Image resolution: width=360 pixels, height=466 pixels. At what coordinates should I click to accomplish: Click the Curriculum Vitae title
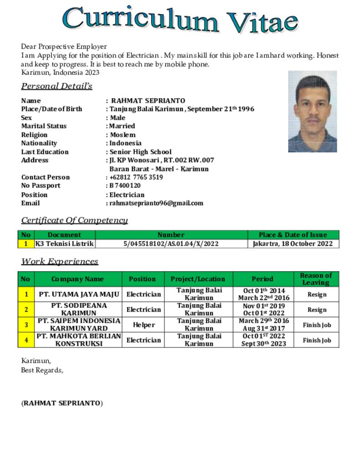click(x=180, y=20)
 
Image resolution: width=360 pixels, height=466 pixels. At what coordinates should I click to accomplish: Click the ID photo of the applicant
click(x=312, y=111)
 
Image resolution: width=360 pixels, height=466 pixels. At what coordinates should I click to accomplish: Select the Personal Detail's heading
click(x=57, y=86)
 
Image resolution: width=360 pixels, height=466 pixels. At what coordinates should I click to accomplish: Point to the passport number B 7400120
click(x=125, y=186)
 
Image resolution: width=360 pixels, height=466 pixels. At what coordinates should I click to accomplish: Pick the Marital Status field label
click(x=44, y=126)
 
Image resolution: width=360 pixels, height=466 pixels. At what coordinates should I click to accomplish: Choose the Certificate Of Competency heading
click(x=75, y=220)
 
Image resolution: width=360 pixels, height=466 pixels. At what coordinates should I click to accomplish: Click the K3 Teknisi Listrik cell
click(x=65, y=243)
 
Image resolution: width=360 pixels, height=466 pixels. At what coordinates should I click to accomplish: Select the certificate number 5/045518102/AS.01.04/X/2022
click(x=171, y=243)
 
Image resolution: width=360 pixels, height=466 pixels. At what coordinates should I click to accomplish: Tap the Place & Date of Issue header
click(x=293, y=235)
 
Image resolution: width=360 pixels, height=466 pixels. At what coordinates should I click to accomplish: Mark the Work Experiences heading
click(x=60, y=261)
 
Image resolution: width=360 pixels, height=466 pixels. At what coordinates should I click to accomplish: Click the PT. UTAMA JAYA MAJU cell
click(x=78, y=294)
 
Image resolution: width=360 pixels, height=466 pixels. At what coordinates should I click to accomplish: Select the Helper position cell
click(x=143, y=325)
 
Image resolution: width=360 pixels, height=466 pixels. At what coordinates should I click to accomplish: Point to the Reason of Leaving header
click(x=316, y=279)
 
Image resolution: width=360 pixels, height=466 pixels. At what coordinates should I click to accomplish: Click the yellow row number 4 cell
click(x=26, y=340)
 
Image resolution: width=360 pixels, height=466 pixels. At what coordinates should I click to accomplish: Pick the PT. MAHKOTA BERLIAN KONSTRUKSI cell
click(x=79, y=340)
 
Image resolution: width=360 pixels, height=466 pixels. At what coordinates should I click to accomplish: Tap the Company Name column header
click(x=77, y=279)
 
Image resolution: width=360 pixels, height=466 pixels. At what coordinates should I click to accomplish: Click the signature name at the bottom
click(x=62, y=403)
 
